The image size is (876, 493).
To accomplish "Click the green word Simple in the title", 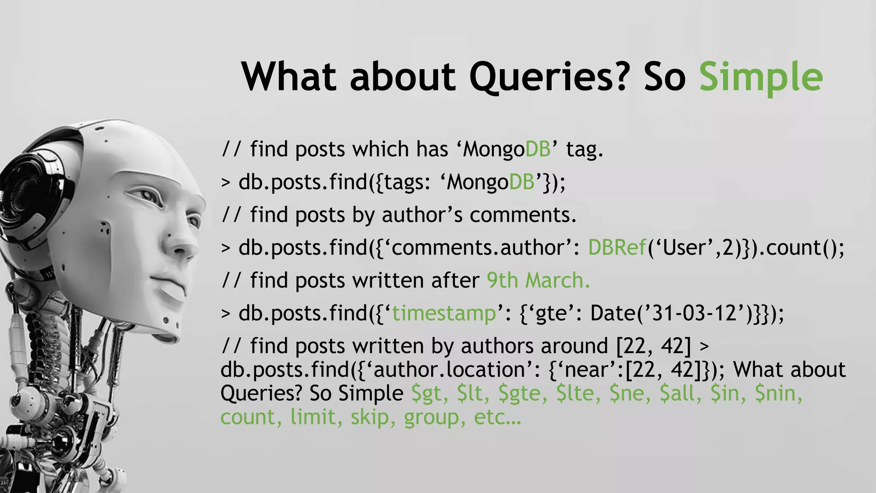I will click(761, 77).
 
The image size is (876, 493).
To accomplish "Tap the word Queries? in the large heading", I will click(550, 77).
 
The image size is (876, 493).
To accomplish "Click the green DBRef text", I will click(617, 248).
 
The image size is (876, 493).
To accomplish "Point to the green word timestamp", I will click(444, 314).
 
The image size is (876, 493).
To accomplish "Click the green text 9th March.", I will click(538, 281).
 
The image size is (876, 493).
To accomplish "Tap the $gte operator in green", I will click(522, 394).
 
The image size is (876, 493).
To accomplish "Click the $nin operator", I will click(778, 394).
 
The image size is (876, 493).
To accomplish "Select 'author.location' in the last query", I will click(453, 370).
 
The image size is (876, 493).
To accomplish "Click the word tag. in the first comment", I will click(584, 150).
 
